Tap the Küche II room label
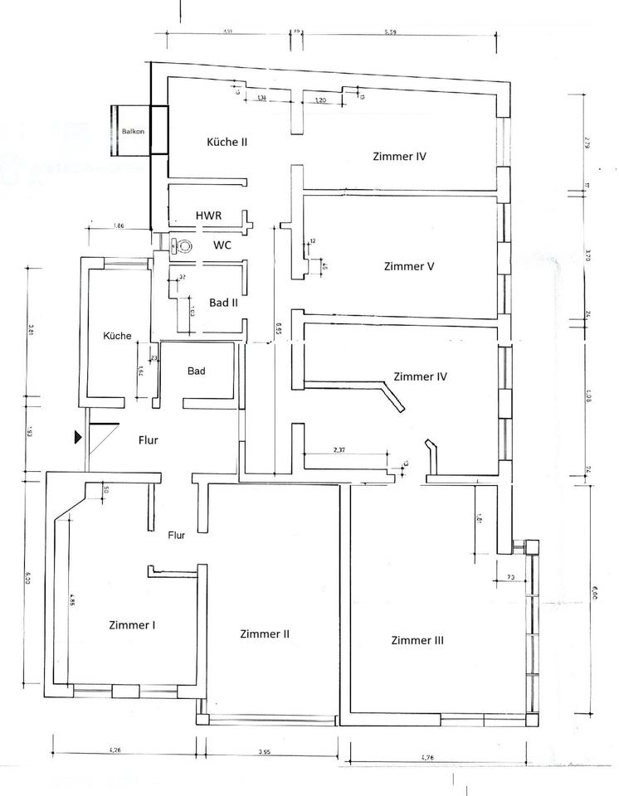(x=227, y=142)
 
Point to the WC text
(x=222, y=245)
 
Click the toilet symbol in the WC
(x=182, y=245)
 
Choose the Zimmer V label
(x=410, y=267)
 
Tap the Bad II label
(x=223, y=303)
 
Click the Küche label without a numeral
(x=116, y=336)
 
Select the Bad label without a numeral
(x=197, y=371)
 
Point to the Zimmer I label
(x=133, y=625)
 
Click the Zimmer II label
(x=264, y=634)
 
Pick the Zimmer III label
(x=418, y=640)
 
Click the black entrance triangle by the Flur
(x=78, y=436)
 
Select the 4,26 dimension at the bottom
(x=116, y=751)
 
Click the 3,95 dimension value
(x=263, y=752)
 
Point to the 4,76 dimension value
(x=428, y=757)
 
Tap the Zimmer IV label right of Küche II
(x=400, y=155)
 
